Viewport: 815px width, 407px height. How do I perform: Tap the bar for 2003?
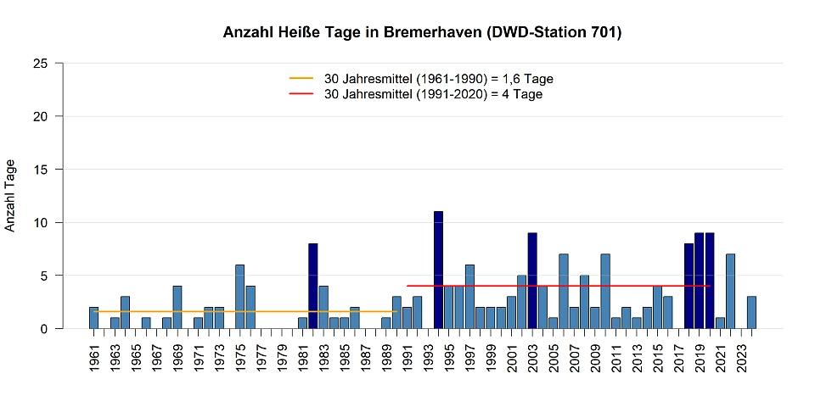point(532,281)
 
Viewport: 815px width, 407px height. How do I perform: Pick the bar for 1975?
point(239,297)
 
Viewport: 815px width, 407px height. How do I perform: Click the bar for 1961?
point(93,318)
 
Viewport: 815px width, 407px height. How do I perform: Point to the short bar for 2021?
point(720,323)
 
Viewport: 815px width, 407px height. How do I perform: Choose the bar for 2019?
point(699,281)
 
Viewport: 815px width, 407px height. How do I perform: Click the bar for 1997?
point(469,297)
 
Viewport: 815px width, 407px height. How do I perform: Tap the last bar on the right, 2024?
point(751,312)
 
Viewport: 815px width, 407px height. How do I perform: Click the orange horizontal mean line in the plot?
point(255,311)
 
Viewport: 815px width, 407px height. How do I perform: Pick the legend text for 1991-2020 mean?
point(433,94)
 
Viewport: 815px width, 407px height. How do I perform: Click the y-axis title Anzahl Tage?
point(11,195)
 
